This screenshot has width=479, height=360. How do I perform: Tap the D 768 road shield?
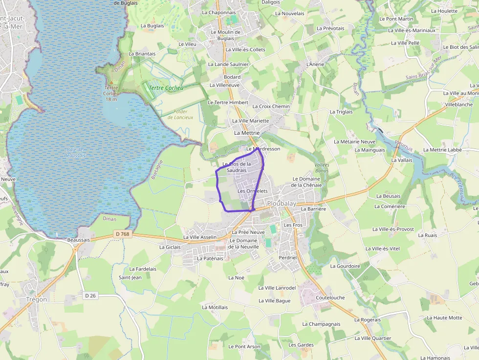123,234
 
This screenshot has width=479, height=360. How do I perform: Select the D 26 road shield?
90,295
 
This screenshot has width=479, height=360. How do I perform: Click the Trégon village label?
37,299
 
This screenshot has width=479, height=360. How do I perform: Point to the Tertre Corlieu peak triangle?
111,81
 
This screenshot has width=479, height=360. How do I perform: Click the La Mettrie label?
247,132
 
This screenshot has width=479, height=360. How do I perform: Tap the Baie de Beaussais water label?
75,152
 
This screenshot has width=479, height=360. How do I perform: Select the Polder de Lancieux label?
180,114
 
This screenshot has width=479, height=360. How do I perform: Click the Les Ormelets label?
253,191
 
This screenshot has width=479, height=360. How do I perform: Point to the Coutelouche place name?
330,297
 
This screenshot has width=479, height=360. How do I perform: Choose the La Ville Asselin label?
200,237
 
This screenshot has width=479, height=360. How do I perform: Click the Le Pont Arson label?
244,346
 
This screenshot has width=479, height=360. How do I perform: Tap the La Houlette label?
444,11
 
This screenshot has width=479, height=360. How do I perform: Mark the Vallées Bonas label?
322,168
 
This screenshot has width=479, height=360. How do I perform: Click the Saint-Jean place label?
130,277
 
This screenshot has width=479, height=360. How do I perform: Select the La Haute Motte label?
444,318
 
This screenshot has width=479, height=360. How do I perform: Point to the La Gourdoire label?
345,266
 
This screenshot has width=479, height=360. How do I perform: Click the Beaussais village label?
79,240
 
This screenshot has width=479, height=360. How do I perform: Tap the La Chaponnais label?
218,13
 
